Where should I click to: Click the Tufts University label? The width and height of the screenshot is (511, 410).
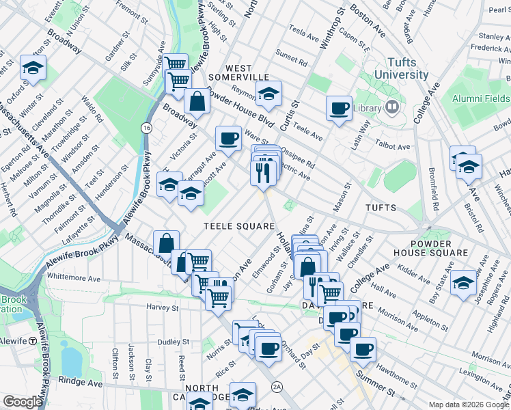pos(395,68)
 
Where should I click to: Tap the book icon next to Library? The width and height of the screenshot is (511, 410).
pos(392,107)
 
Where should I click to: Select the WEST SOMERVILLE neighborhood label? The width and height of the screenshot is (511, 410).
pos(238,73)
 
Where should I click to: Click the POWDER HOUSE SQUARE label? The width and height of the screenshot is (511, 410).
pos(440,248)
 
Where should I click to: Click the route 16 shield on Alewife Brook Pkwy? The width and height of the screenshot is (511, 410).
pos(146,128)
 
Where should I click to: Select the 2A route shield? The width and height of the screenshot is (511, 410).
pos(277,386)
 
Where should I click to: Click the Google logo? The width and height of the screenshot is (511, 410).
pos(23,402)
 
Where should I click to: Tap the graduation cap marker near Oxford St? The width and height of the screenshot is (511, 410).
pos(32,68)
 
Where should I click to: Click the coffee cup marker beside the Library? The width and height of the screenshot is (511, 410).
pos(339,108)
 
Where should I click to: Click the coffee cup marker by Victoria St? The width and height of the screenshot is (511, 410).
pos(228,139)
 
